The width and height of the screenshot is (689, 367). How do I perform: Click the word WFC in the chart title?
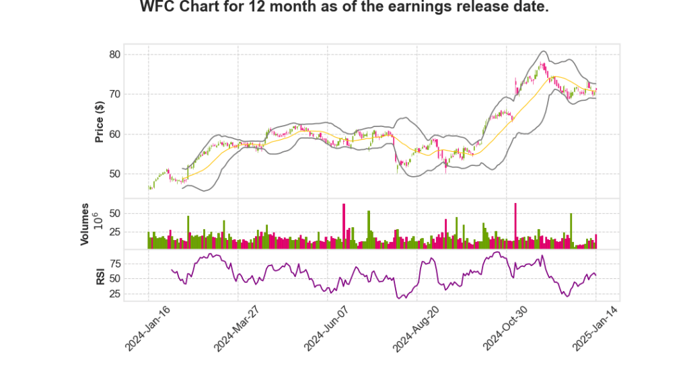pos(156,7)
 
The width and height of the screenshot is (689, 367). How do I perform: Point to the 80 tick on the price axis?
pos(115,54)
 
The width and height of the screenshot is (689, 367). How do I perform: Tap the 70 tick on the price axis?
pos(115,94)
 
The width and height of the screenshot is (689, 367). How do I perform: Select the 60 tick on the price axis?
pos(115,134)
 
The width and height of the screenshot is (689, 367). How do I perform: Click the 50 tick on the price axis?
pos(115,174)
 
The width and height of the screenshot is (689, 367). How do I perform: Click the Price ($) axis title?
pos(99,121)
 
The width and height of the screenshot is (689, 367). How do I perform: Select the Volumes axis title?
pos(85,223)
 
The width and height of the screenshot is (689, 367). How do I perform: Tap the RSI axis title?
pos(99,276)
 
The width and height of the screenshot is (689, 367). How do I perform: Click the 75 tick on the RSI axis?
pos(115,263)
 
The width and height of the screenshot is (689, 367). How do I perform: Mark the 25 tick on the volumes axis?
pos(115,232)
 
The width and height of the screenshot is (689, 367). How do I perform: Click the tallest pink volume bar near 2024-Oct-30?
pos(515,225)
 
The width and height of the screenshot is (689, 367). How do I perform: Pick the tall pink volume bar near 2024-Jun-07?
pos(344,226)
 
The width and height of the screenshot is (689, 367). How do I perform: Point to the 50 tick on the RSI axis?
pos(115,278)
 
